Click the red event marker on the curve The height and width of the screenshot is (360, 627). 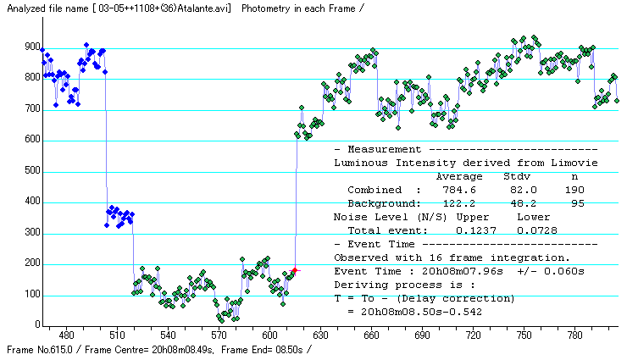[x=294, y=269]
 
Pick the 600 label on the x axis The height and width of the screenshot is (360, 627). [x=269, y=335]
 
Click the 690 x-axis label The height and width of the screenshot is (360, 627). [x=422, y=335]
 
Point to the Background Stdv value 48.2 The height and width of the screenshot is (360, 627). [x=517, y=203]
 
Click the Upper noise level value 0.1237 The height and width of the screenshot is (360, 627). [x=473, y=230]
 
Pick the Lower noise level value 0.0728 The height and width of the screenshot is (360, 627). [x=534, y=230]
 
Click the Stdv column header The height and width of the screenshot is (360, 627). [x=517, y=176]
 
